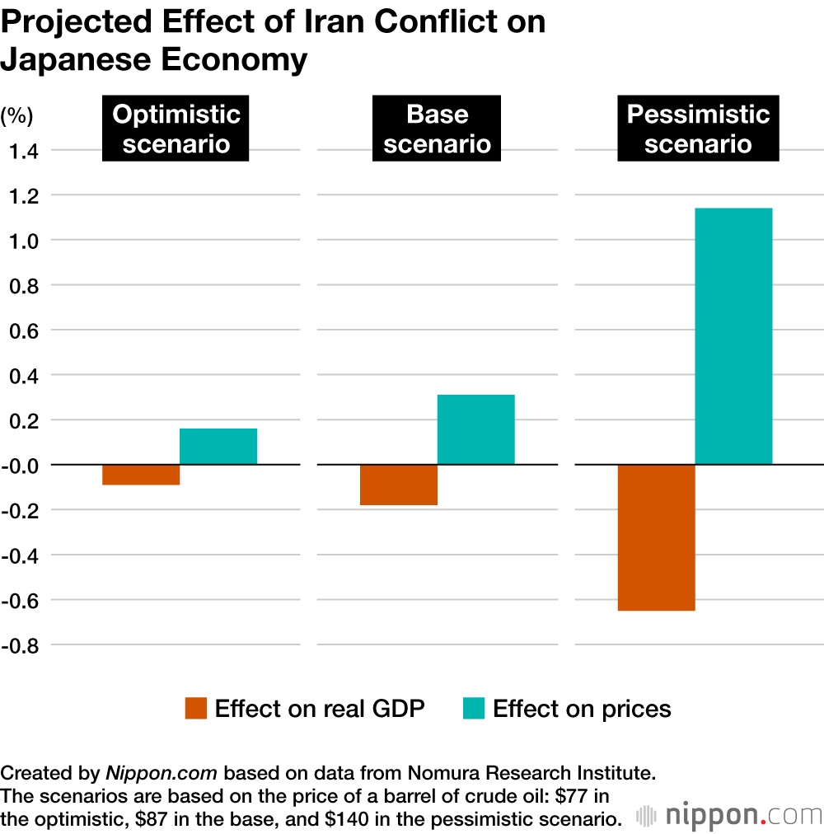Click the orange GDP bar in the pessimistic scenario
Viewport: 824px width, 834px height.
tap(656, 537)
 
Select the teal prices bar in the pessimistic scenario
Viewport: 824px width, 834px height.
tap(733, 336)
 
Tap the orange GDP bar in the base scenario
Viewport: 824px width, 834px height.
tap(399, 485)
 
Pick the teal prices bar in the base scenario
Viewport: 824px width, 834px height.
tap(475, 429)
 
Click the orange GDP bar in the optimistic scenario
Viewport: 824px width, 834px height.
tap(141, 475)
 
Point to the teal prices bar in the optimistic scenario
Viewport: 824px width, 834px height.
tap(218, 447)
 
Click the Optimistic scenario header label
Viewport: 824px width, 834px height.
tap(176, 129)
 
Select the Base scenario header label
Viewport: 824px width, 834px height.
tap(437, 129)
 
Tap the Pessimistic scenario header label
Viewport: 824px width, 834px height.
tap(697, 129)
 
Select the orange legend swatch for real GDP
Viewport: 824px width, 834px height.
tap(196, 709)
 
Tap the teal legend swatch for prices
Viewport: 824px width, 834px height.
tap(474, 709)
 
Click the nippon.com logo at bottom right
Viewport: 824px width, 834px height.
tap(728, 816)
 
